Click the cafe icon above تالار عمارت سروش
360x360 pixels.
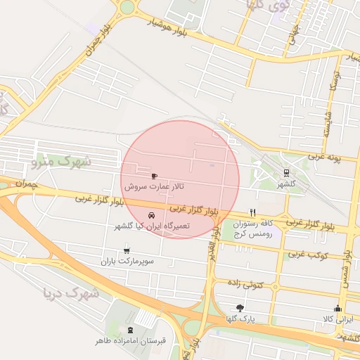click(155, 176)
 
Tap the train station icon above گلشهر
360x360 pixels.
click(286, 172)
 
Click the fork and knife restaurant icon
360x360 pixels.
click(252, 212)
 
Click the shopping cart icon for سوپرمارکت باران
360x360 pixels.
click(127, 249)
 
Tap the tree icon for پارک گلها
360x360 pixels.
click(240, 308)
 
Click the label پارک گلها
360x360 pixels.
click(240, 320)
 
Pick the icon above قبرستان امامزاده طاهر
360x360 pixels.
click(130, 330)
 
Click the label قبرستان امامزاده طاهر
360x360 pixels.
click(131, 342)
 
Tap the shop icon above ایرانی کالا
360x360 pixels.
click(337, 308)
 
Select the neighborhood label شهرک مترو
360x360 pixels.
click(62, 162)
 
